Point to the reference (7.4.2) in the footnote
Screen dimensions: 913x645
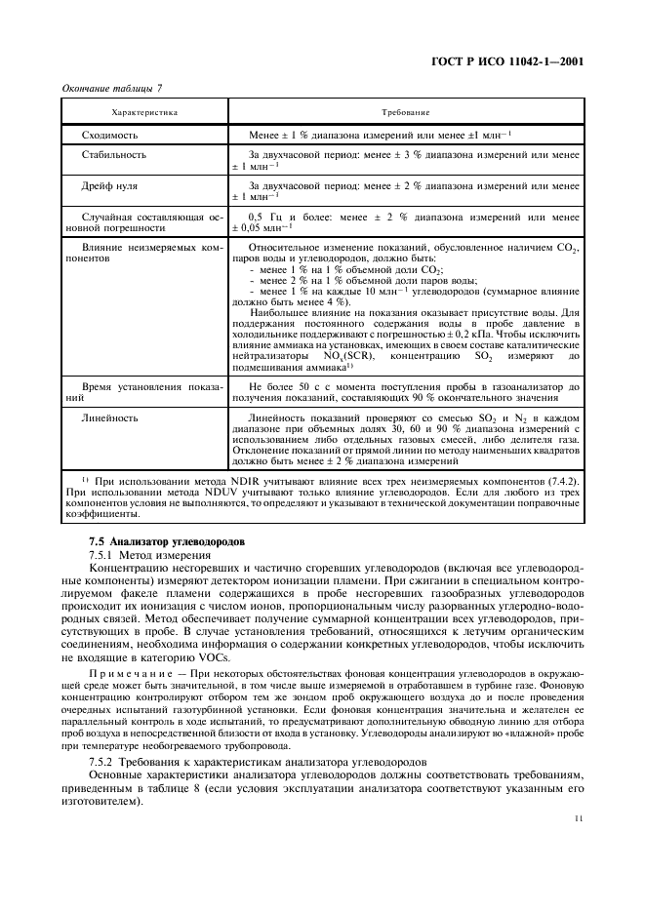click(x=561, y=479)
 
